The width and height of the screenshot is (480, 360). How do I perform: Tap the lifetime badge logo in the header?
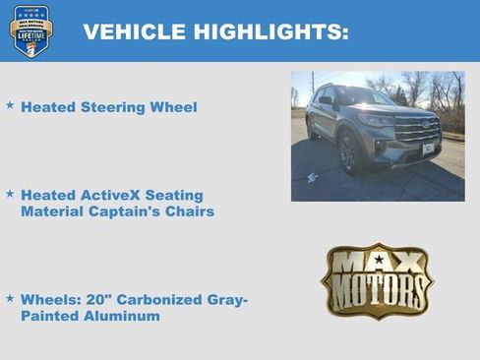[x=31, y=30]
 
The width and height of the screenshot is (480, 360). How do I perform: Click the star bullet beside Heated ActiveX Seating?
[x=10, y=194]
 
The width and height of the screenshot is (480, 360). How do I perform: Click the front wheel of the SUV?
[x=348, y=153]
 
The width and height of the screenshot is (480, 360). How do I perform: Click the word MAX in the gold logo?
[x=378, y=264]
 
